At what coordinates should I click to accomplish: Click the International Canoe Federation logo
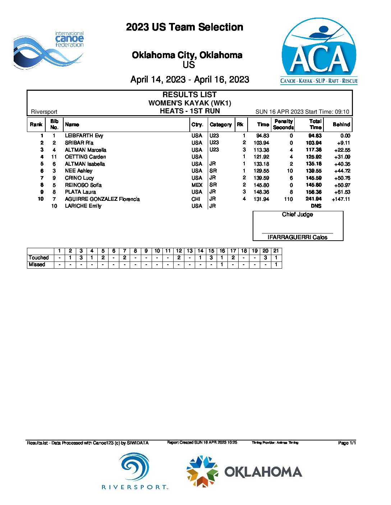(x=49, y=50)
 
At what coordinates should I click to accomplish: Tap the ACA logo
(x=319, y=51)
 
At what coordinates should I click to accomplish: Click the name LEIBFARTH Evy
(x=84, y=136)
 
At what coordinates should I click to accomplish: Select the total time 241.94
(x=313, y=199)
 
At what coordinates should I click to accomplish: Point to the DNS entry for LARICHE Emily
(x=316, y=206)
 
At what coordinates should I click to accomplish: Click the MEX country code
(x=197, y=185)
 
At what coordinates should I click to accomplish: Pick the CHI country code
(x=196, y=199)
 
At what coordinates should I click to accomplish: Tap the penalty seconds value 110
(x=288, y=199)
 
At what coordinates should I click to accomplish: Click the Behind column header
(x=341, y=124)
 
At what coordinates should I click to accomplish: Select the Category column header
(x=221, y=124)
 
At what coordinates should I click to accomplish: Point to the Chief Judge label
(x=297, y=214)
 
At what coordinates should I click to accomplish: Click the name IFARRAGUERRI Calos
(x=297, y=237)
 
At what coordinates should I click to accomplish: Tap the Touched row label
(x=39, y=258)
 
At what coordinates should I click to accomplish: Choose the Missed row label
(x=37, y=264)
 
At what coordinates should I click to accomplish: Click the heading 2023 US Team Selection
(x=184, y=27)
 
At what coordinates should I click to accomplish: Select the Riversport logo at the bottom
(x=135, y=471)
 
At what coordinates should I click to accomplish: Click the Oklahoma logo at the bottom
(x=244, y=471)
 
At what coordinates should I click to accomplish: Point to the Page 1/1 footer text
(x=347, y=443)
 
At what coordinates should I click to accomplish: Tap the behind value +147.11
(x=341, y=199)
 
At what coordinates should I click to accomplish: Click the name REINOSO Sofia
(x=83, y=185)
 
